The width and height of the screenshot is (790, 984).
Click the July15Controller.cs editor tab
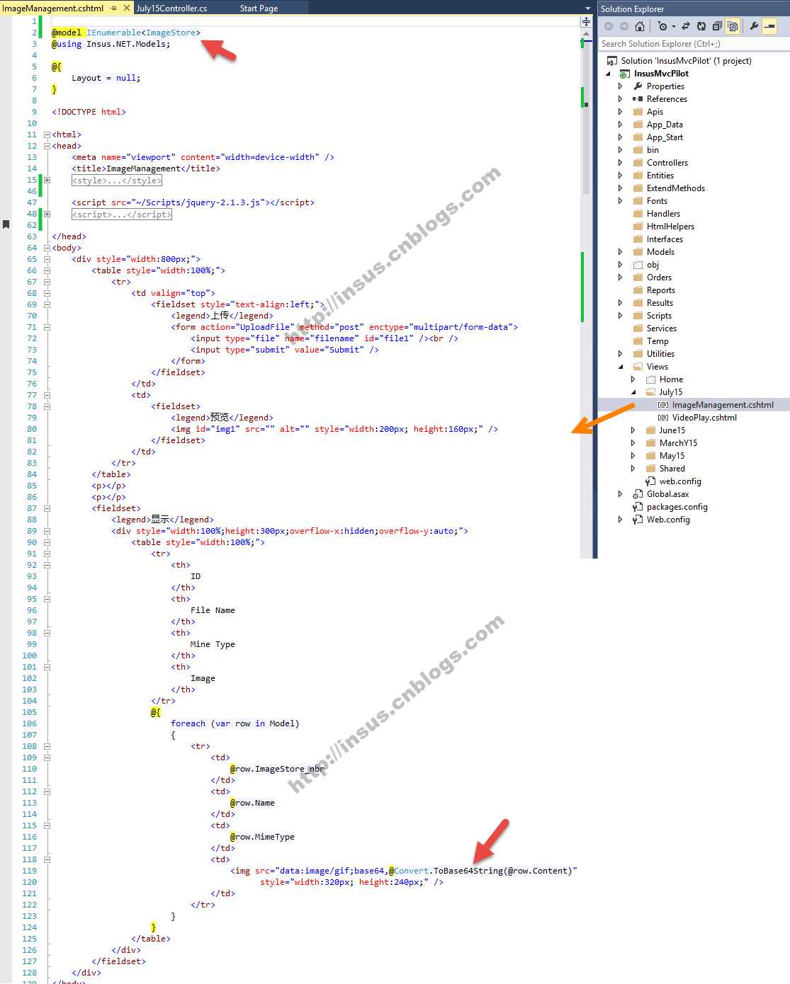[171, 8]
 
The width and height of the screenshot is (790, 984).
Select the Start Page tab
[259, 8]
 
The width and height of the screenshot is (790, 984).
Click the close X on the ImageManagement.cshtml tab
[127, 8]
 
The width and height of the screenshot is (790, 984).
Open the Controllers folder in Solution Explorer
[667, 163]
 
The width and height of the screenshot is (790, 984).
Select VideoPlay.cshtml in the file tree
[704, 418]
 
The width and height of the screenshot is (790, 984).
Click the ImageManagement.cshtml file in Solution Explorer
[723, 405]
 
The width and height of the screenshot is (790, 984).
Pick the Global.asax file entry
[667, 494]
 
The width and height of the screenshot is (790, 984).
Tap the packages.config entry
[677, 507]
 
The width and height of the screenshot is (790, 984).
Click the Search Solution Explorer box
[694, 44]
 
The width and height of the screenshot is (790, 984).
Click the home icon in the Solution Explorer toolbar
[639, 26]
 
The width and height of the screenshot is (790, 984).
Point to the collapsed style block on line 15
[117, 180]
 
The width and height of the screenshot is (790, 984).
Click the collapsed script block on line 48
[122, 214]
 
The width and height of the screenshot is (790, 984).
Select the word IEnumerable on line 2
[114, 33]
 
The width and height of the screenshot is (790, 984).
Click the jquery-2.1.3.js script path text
[198, 202]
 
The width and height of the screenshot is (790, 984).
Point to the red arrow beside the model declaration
[219, 50]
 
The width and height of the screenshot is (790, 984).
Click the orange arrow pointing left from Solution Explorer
[603, 418]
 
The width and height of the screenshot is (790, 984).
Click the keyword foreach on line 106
[188, 723]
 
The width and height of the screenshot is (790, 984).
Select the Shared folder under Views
[672, 468]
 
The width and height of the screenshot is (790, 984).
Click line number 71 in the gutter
[32, 327]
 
